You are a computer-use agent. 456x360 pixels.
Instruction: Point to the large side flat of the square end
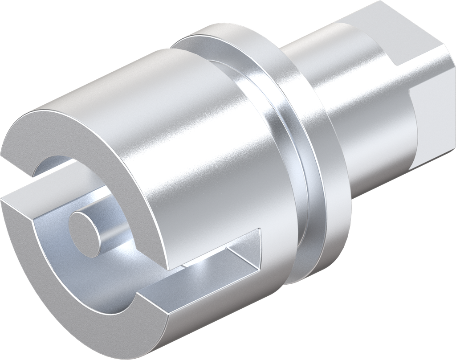click(x=439, y=111)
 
